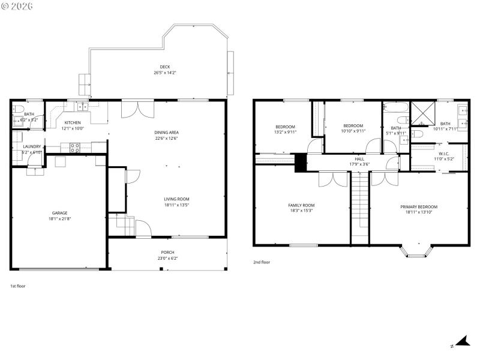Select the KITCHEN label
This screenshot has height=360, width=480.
click(x=73, y=122)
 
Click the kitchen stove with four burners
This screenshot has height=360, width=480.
click(x=76, y=147)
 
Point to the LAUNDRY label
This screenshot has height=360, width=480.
click(x=32, y=146)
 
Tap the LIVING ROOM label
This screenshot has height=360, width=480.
click(x=177, y=199)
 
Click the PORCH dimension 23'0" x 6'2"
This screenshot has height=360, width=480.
click(x=167, y=258)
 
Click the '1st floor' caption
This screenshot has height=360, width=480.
click(x=18, y=286)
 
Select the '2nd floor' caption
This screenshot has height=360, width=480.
click(x=261, y=262)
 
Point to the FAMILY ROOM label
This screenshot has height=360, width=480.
click(x=301, y=205)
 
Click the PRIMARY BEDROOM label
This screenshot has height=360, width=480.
click(x=419, y=206)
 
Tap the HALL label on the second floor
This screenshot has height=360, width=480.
click(x=359, y=159)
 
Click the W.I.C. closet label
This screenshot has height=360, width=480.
click(x=443, y=153)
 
